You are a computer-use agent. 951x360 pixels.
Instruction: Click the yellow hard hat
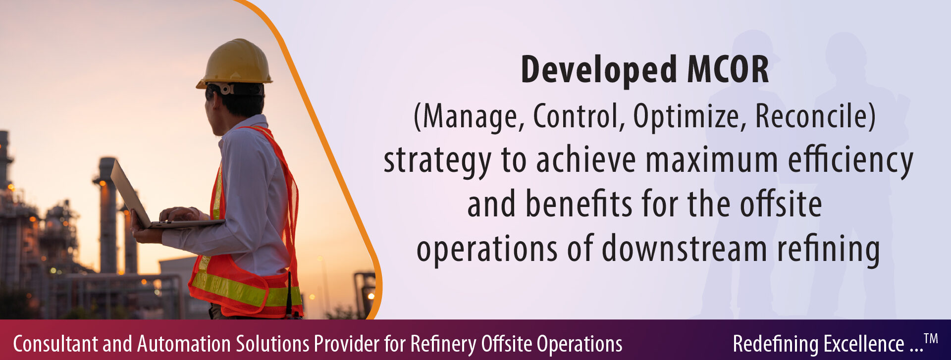[235, 63]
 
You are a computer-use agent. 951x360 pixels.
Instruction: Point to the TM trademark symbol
[931, 339]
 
